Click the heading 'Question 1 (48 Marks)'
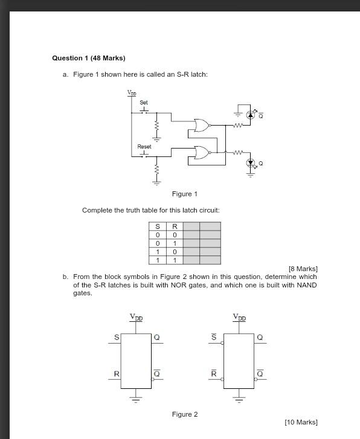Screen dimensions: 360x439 89,58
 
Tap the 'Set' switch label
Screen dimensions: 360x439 144,103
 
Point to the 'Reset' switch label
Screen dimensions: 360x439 144,147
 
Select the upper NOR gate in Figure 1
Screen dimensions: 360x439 202,126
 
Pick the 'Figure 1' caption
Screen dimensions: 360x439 184,194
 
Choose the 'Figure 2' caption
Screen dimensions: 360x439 184,414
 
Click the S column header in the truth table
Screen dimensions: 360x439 158,227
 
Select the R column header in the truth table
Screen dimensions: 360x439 175,227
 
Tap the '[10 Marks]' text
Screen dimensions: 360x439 300,422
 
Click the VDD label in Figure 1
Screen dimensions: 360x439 132,93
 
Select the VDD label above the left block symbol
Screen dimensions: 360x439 136,317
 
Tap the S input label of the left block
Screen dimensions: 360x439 117,338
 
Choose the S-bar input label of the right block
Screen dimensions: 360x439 213,338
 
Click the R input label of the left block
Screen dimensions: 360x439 117,374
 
